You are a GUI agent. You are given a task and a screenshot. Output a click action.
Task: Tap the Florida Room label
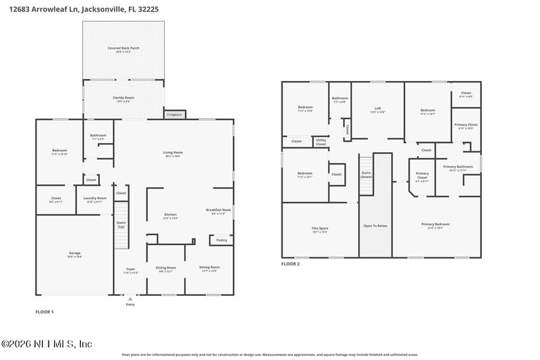point(123,99)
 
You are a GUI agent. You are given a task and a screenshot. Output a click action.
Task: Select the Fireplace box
point(174,115)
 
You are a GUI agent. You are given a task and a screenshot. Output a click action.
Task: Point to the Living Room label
point(173,153)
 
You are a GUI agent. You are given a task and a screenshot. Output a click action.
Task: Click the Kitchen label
point(170,216)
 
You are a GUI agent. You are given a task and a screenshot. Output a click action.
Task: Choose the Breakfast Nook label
point(215,211)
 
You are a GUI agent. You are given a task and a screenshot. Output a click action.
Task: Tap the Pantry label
point(221,240)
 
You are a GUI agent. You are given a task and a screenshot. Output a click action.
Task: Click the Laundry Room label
point(96,199)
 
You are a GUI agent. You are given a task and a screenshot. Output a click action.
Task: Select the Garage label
point(74,255)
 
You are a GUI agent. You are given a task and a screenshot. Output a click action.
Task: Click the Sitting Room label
point(165,268)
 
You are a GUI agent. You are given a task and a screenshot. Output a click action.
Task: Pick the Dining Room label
point(209,268)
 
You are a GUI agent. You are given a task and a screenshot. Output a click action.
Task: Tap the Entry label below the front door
point(130,305)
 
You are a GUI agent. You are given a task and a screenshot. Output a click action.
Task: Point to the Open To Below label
point(375,226)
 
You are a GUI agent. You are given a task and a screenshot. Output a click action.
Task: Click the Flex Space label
point(319,230)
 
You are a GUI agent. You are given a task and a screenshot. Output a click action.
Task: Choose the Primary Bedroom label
point(435,225)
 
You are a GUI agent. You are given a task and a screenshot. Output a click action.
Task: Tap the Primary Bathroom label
point(458,168)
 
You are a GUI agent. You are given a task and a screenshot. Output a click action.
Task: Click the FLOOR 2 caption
point(290,264)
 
